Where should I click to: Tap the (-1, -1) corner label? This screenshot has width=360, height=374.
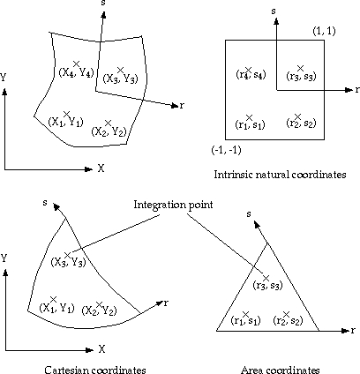[226, 150]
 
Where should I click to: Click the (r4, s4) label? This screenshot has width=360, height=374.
[251, 75]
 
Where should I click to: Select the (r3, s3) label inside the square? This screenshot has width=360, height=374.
[301, 76]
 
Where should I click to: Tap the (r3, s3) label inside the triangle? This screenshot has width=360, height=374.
[267, 285]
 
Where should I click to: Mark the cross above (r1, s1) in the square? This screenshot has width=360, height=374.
[249, 117]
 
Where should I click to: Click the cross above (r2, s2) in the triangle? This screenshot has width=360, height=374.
[286, 314]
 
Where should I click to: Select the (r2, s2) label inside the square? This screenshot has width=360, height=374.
[301, 123]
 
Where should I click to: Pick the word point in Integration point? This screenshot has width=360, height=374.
[201, 205]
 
